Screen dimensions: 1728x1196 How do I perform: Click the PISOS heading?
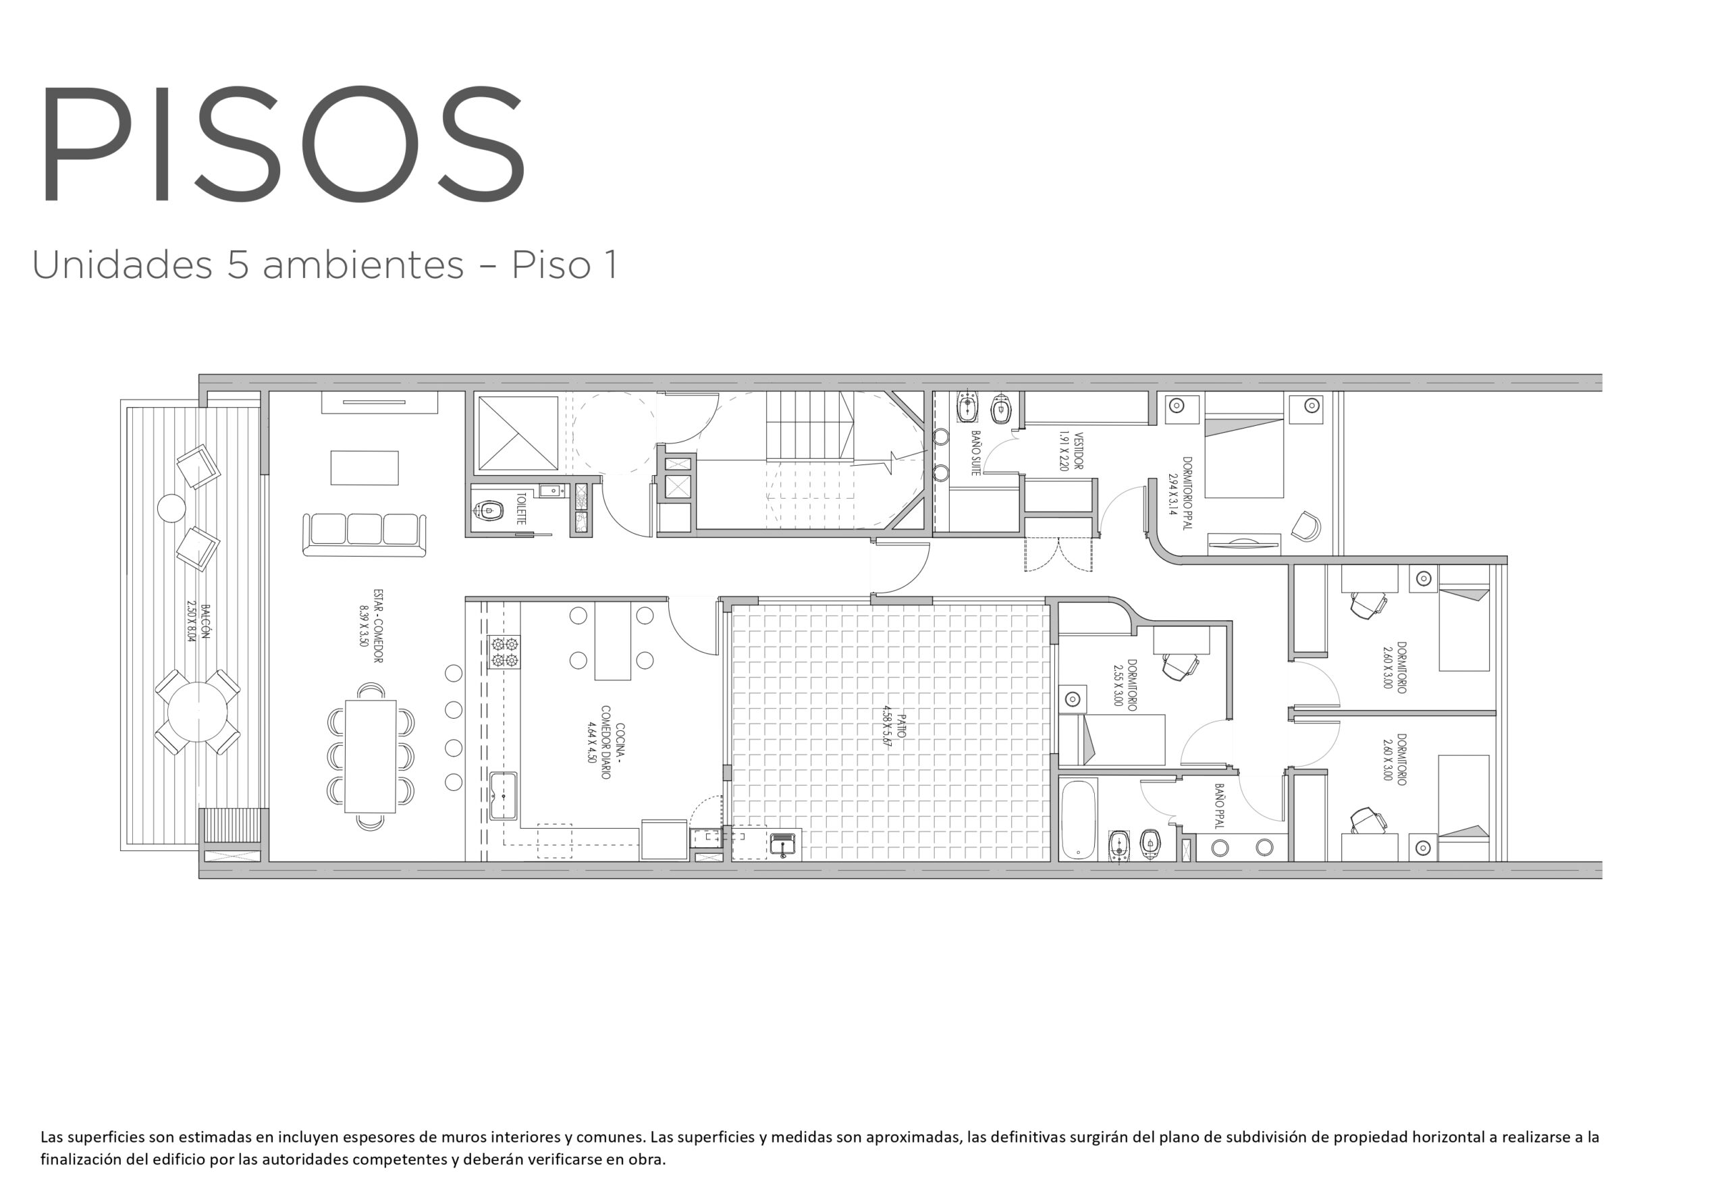[283, 143]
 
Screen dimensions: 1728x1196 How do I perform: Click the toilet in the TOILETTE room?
[488, 512]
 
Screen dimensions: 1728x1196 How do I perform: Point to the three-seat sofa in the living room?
[364, 535]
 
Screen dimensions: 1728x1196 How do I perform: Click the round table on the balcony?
[197, 712]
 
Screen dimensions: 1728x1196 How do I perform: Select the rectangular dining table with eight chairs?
[370, 756]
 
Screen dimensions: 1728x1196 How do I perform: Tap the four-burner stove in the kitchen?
[504, 651]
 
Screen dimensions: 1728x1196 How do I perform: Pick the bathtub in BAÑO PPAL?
[1079, 819]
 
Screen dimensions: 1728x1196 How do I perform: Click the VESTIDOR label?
[1079, 450]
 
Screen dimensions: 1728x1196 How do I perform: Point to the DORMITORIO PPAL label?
[1186, 493]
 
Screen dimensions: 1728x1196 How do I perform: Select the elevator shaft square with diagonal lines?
[518, 433]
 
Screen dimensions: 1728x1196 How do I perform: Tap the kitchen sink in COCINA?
[504, 795]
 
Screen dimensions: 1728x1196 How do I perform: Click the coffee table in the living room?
[364, 468]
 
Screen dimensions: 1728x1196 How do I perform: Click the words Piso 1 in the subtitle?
[565, 265]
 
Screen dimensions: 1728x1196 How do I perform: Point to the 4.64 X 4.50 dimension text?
[592, 742]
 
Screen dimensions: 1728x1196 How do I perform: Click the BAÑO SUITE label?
[975, 453]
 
